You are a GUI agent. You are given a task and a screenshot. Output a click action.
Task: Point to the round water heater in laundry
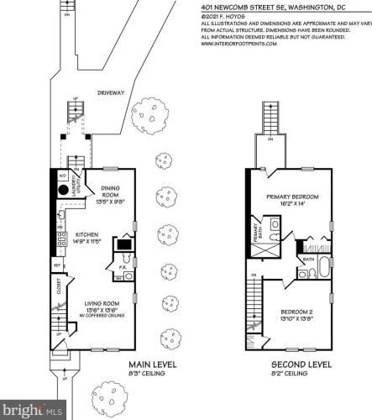tap(63, 189)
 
